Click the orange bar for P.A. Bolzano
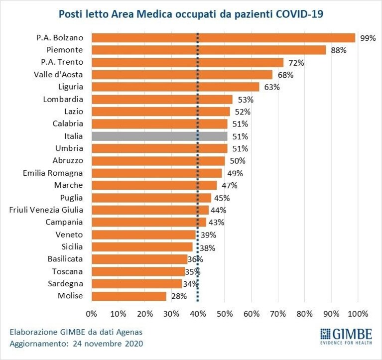click(x=224, y=38)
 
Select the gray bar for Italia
click(x=159, y=136)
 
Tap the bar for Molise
click(x=129, y=296)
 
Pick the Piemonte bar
click(x=209, y=50)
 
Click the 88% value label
click(x=339, y=50)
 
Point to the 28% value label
click(x=179, y=296)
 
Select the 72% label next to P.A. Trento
click(x=296, y=63)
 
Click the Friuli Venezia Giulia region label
click(x=46, y=210)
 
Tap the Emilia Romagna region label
click(x=53, y=173)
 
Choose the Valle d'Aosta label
click(x=58, y=75)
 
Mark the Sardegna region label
click(x=66, y=284)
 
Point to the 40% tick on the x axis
click(x=198, y=314)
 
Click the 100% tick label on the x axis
click(x=358, y=314)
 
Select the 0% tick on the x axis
click(x=92, y=314)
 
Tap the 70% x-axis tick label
click(x=278, y=314)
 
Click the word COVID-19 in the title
click(x=299, y=14)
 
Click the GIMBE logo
click(x=346, y=337)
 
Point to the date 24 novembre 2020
click(x=108, y=344)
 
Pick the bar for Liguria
click(x=175, y=87)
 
